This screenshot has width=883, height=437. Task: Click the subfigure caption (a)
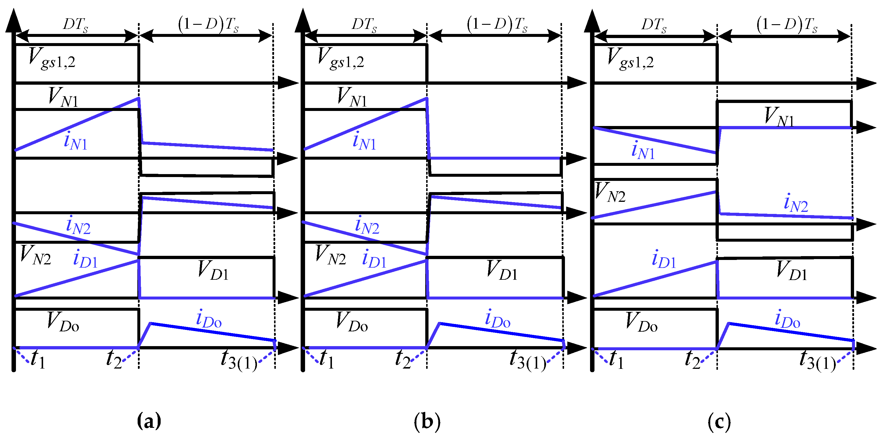pyautogui.click(x=149, y=420)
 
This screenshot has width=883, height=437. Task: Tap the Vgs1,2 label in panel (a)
pyautogui.click(x=52, y=58)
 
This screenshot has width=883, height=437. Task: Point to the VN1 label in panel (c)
pyautogui.click(x=779, y=117)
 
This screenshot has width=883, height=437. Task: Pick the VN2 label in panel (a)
pyautogui.click(x=35, y=256)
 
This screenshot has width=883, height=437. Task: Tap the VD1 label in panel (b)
pyautogui.click(x=502, y=271)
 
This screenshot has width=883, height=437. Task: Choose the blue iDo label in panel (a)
pyautogui.click(x=208, y=318)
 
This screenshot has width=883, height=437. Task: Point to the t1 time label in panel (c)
pyautogui.click(x=616, y=360)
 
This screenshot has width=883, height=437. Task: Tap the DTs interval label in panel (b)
pyautogui.click(x=364, y=25)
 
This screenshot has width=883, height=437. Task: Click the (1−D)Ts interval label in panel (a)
pyautogui.click(x=208, y=25)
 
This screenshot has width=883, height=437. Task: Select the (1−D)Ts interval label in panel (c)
pyautogui.click(x=787, y=25)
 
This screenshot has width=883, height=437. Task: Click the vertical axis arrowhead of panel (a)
pyautogui.click(x=13, y=21)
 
